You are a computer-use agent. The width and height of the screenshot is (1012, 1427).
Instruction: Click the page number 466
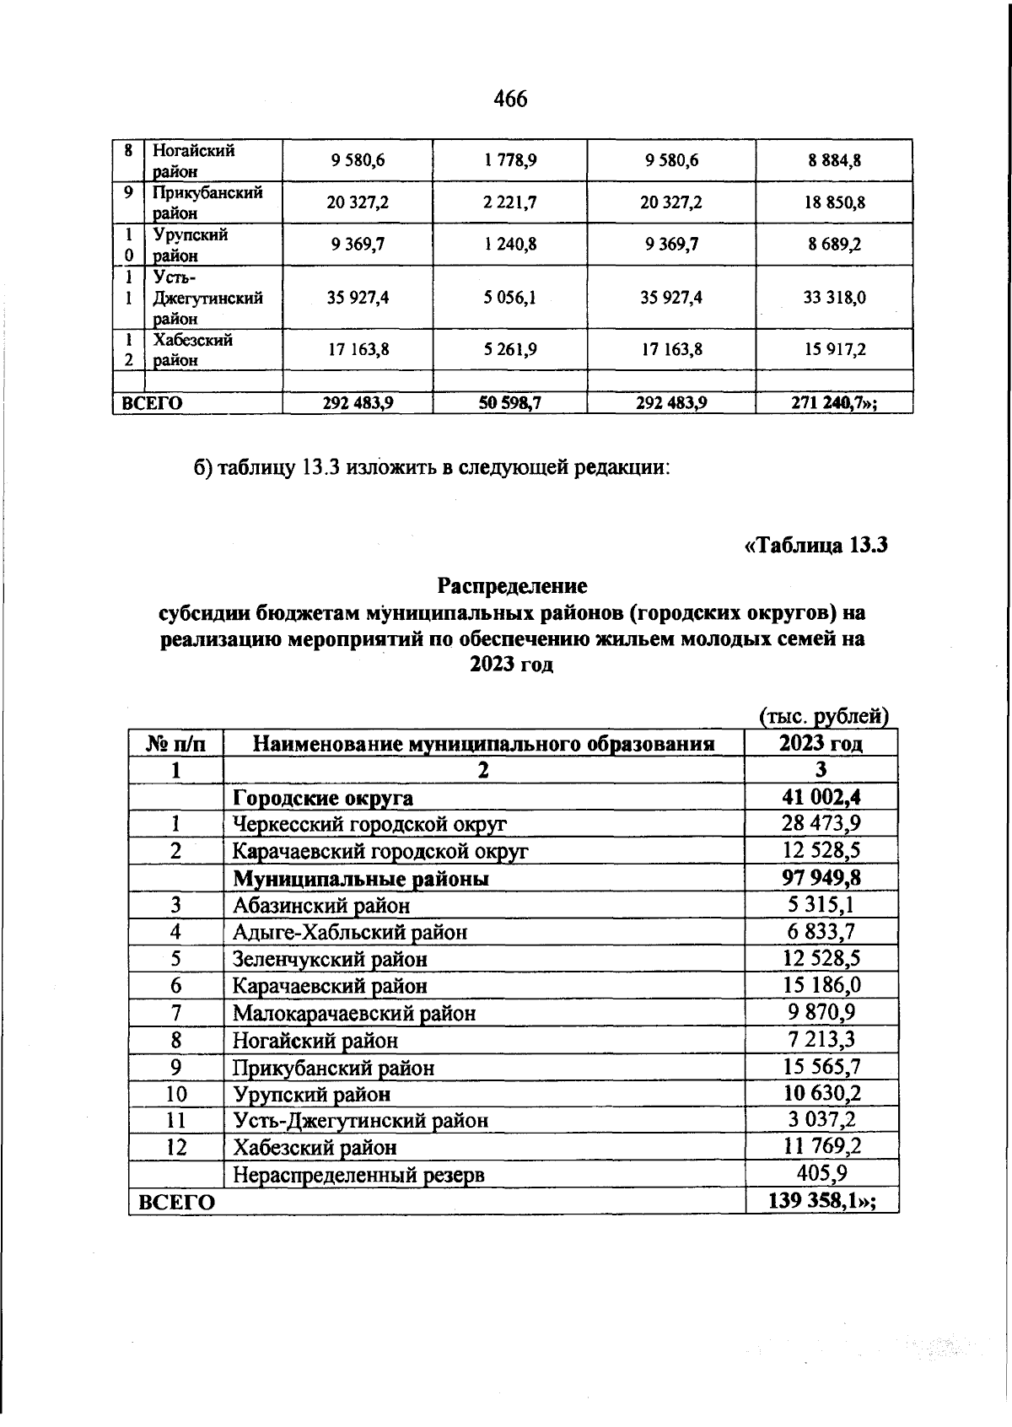[509, 100]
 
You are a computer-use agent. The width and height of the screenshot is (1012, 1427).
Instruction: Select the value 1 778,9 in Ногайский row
[510, 160]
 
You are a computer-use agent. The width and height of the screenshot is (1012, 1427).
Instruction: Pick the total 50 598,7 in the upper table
[510, 403]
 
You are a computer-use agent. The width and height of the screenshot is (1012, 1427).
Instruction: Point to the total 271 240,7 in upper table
[834, 403]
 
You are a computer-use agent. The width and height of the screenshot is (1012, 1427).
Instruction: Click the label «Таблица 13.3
[816, 546]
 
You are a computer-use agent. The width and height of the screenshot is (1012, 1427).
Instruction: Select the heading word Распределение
[512, 584]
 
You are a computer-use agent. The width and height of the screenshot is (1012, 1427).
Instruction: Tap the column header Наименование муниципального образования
[484, 744]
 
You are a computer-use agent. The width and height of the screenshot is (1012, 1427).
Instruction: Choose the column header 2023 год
[821, 743]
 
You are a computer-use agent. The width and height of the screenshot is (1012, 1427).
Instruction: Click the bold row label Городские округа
[323, 798]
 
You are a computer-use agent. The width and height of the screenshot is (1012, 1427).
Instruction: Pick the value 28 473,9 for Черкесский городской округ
[821, 824]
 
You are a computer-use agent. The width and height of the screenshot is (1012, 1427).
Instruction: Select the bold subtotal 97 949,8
[821, 878]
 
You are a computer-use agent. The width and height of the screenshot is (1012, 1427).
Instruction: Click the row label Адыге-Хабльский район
[349, 932]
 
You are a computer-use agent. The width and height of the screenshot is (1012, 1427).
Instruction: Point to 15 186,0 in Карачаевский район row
[821, 985]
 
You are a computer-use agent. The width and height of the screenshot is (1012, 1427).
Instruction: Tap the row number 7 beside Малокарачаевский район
[175, 1013]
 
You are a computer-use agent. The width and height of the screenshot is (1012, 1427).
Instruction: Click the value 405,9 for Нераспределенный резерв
[821, 1173]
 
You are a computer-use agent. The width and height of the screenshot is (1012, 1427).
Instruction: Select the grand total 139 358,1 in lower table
[821, 1201]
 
